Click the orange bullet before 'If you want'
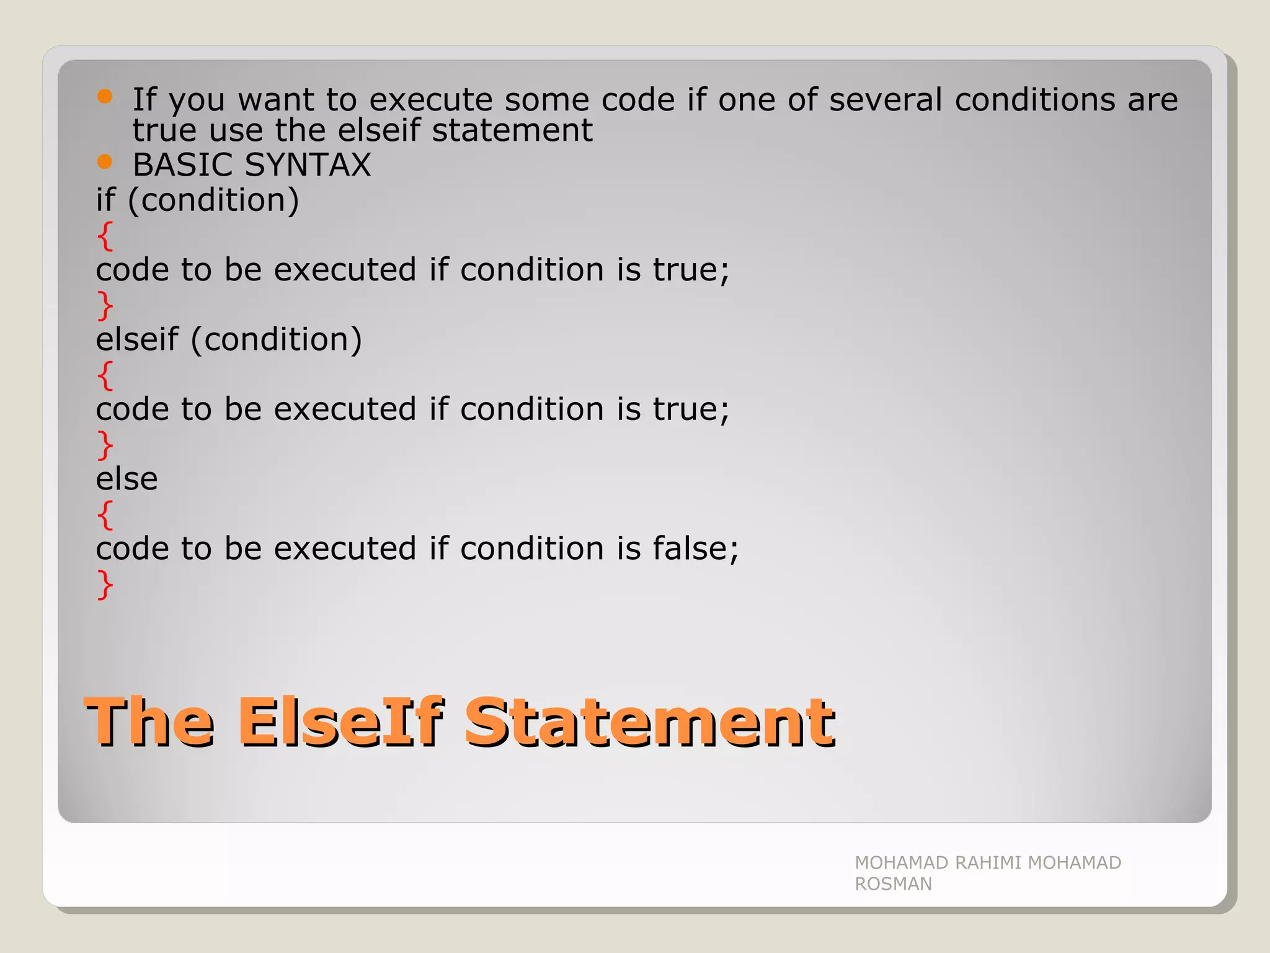pos(105,96)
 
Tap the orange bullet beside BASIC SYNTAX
pos(105,162)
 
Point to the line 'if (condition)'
pos(197,200)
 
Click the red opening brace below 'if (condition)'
pos(105,236)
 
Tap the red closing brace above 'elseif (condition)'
pos(105,305)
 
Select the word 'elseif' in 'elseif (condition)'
pos(137,339)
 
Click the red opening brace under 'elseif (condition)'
pos(105,375)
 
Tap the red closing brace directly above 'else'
pos(105,445)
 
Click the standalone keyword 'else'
pos(127,479)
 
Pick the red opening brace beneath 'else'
pos(105,515)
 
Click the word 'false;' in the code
pos(695,548)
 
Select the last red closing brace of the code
pos(105,584)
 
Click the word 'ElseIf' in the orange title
pos(340,722)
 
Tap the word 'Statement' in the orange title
pos(649,722)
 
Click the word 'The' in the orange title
pos(151,722)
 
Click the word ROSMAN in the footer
pos(893,884)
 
